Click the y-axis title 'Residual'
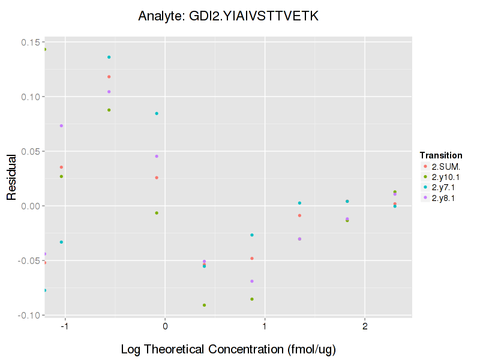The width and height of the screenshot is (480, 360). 11,178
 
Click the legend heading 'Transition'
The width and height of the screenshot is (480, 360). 441,155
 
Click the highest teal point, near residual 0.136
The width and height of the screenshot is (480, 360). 109,57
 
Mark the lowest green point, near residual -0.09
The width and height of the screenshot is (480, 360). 205,305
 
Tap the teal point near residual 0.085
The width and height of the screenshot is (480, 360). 157,113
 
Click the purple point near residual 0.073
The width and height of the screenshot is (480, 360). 61,125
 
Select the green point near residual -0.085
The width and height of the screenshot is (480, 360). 252,299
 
